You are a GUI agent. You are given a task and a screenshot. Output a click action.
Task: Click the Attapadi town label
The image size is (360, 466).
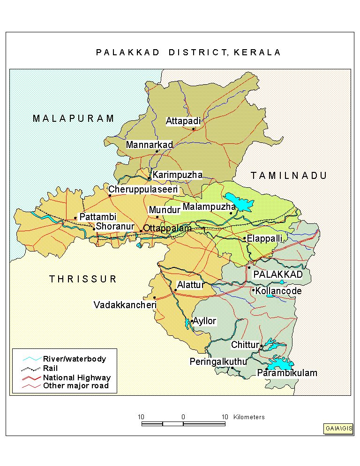click(x=183, y=121)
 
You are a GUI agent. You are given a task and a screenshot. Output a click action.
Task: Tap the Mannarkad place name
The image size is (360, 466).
click(x=150, y=145)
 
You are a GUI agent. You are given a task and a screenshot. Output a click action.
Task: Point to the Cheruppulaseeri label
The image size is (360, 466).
click(x=143, y=190)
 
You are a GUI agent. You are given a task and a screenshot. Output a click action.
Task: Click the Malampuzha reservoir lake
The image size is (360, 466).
click(x=240, y=203)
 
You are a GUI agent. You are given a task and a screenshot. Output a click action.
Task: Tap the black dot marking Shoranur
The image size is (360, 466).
click(x=94, y=229)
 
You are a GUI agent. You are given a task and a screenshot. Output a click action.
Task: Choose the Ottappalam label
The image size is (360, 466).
click(x=167, y=229)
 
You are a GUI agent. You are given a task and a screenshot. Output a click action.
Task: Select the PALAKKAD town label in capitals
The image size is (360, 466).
click(x=278, y=274)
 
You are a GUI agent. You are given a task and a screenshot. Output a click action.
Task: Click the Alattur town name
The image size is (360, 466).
click(x=190, y=285)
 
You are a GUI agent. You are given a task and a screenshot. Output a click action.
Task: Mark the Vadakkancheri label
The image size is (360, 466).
click(x=125, y=305)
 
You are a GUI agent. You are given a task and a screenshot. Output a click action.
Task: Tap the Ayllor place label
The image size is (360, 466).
click(x=205, y=321)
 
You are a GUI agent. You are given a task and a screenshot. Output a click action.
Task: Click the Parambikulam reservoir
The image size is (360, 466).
click(x=280, y=363)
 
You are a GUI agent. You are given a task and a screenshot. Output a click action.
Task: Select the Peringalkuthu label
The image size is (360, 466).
click(x=218, y=362)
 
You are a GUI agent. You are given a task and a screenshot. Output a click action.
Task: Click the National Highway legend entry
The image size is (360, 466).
click(x=76, y=377)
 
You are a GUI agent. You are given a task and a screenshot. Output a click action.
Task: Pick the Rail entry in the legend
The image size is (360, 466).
click(x=50, y=368)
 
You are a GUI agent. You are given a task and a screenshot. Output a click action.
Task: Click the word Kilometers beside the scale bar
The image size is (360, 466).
click(x=248, y=417)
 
